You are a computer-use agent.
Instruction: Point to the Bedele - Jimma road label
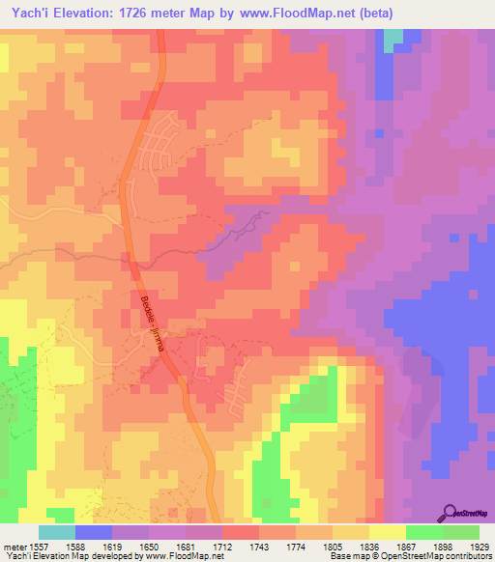(x=153, y=324)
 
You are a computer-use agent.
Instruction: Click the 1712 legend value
(x=222, y=547)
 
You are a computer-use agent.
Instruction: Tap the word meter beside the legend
(x=12, y=547)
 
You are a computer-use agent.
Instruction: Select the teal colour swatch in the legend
(x=57, y=532)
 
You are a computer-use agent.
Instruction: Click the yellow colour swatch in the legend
(x=387, y=532)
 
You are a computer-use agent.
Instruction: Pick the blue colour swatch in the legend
(x=94, y=532)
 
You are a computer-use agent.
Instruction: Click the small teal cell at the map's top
(x=393, y=40)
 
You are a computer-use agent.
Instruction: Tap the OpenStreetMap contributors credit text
(x=436, y=556)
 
